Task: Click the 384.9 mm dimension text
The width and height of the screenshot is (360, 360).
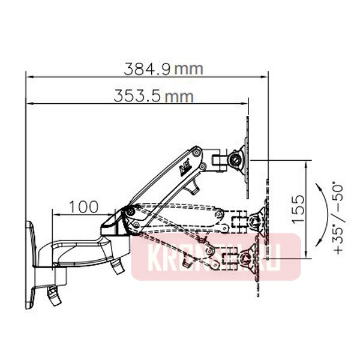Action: click(x=163, y=68)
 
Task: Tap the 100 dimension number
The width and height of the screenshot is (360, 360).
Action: click(x=83, y=207)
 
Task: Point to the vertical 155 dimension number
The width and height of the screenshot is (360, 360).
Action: click(x=298, y=208)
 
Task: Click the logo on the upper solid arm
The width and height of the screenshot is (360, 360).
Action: click(x=184, y=170)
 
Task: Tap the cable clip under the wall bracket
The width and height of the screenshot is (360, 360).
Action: click(x=53, y=294)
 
